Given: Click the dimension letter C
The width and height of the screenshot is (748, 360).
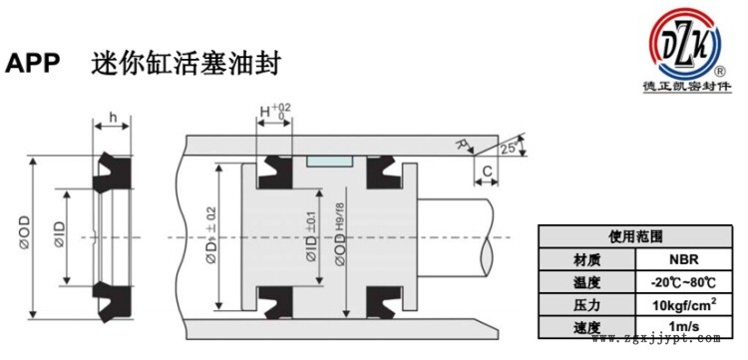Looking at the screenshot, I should [x=486, y=172].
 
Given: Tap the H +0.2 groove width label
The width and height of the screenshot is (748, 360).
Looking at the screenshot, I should [x=272, y=111].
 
